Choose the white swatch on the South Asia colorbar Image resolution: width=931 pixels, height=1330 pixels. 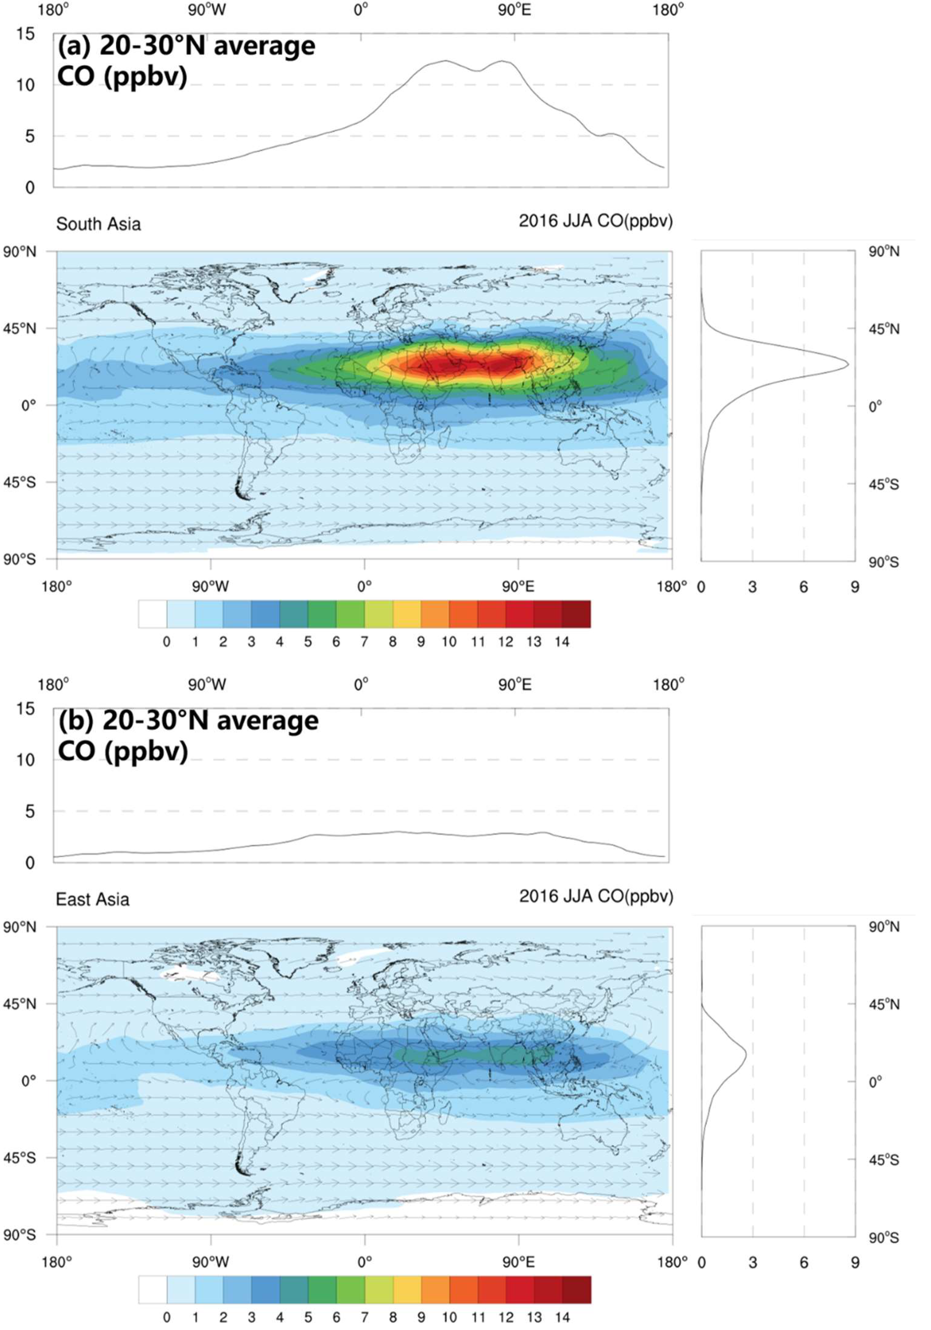(152, 614)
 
